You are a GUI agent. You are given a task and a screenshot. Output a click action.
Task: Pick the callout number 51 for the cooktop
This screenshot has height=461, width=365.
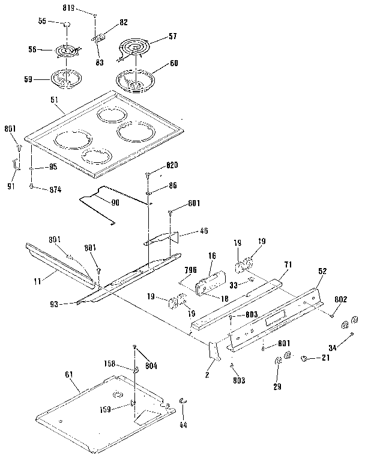[x=55, y=110]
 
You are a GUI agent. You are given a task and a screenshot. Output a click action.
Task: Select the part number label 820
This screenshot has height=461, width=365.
[x=172, y=165]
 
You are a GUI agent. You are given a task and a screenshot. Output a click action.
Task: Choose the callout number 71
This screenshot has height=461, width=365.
[x=288, y=264]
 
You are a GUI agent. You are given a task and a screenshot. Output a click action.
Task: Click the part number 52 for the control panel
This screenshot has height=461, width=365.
[x=322, y=271]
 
